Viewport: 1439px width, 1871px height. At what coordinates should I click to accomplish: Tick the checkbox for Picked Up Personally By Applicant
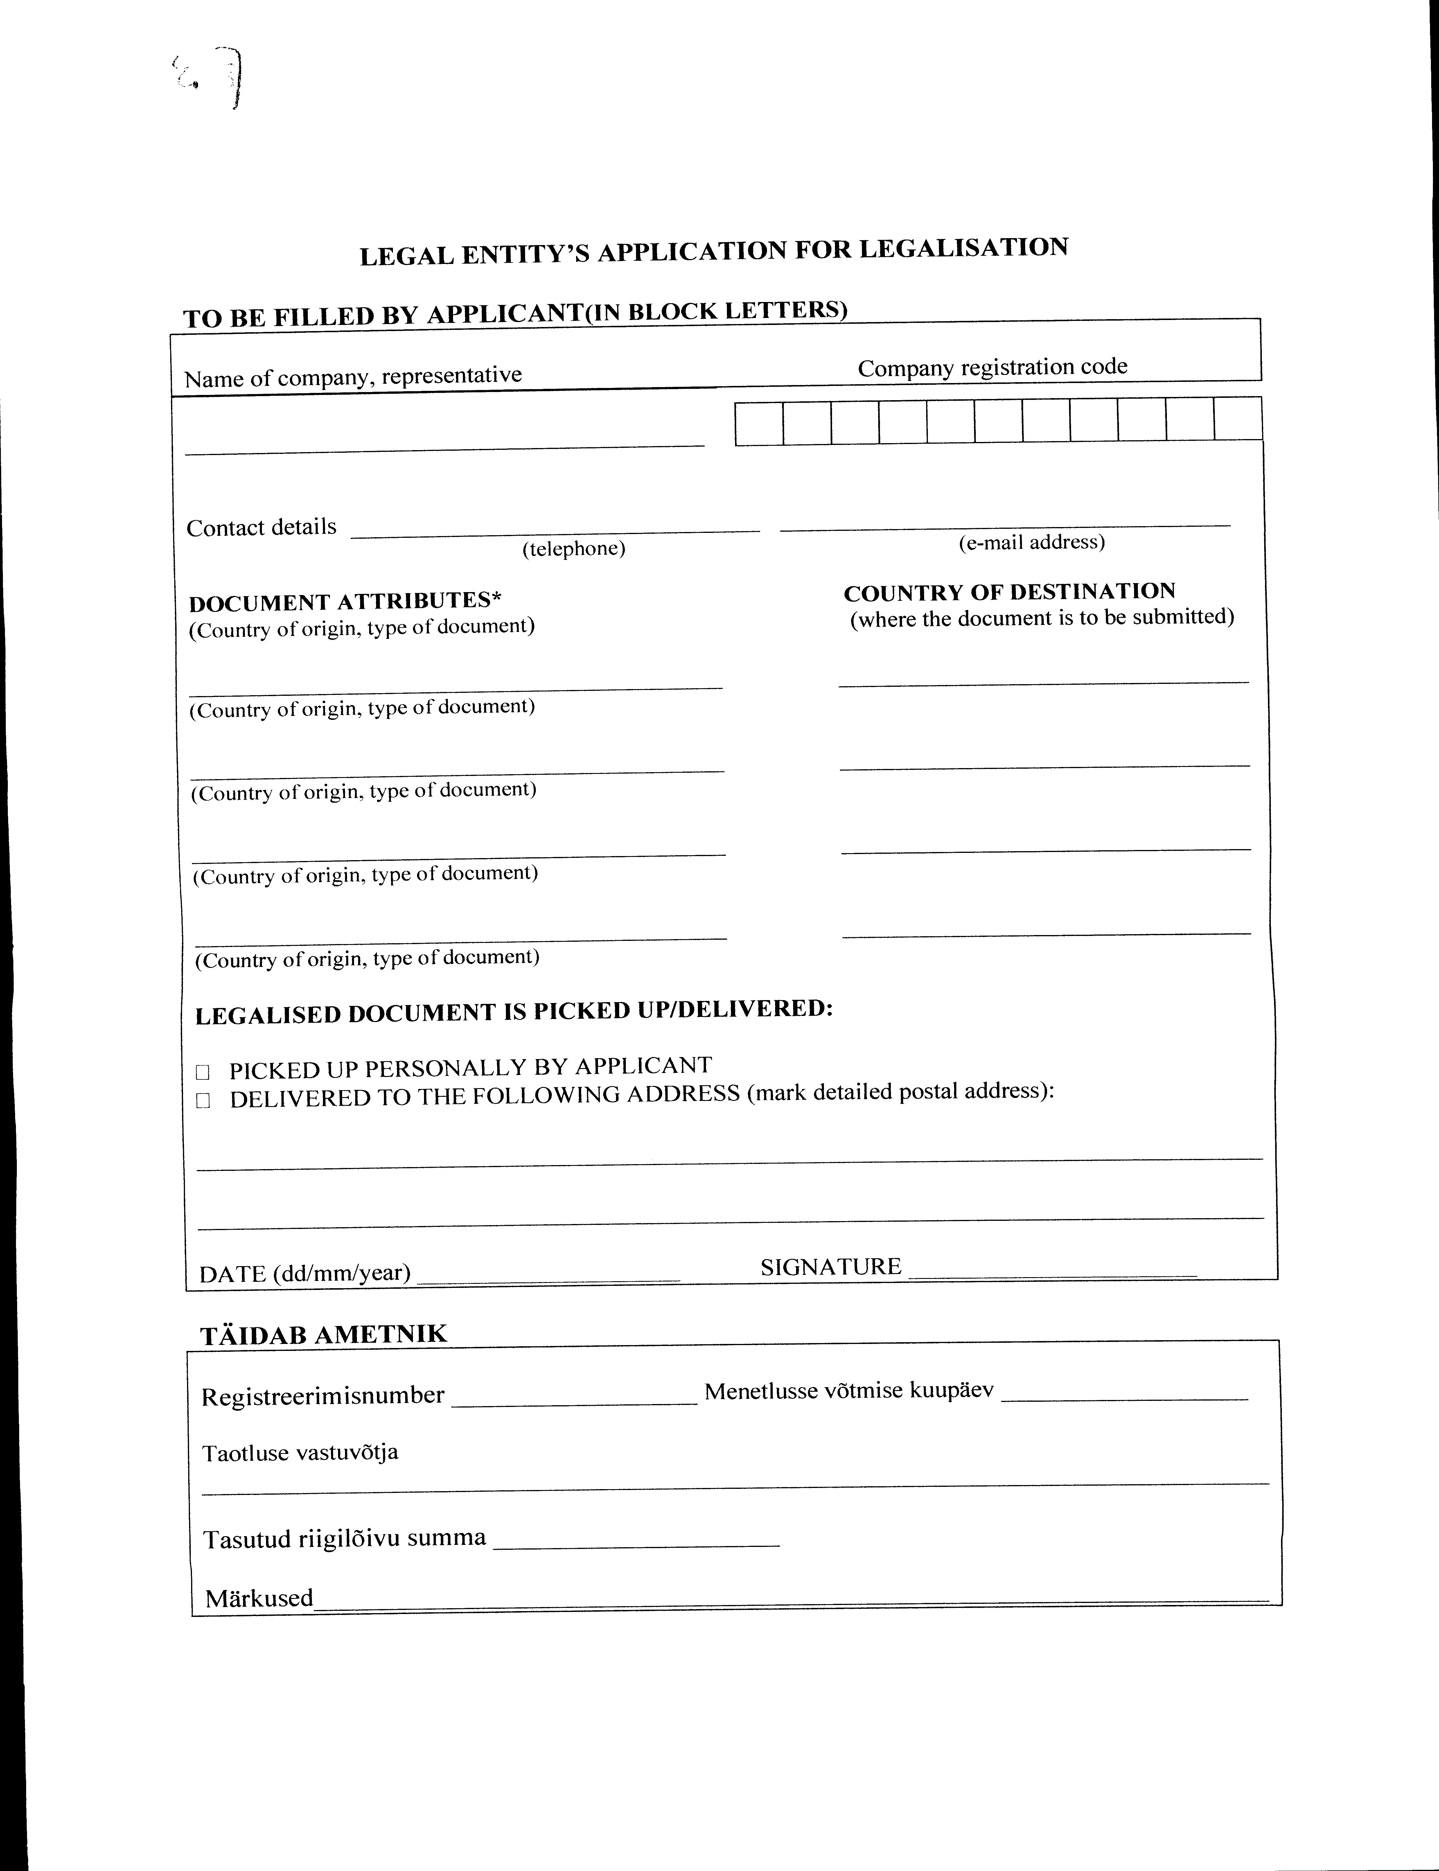pyautogui.click(x=203, y=1072)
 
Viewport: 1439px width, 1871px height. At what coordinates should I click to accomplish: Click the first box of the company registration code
pyautogui.click(x=759, y=423)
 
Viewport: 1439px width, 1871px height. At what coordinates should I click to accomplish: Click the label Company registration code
pyautogui.click(x=992, y=367)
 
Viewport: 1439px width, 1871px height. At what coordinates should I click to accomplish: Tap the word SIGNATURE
pyautogui.click(x=830, y=1267)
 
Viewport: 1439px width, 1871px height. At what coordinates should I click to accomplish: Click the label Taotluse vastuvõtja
pyautogui.click(x=300, y=1453)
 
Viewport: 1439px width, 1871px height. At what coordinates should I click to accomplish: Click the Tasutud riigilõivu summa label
pyautogui.click(x=344, y=1539)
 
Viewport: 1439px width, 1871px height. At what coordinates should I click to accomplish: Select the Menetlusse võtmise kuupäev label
pyautogui.click(x=849, y=1391)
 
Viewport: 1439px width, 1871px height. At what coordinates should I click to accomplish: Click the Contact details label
pyautogui.click(x=261, y=527)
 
